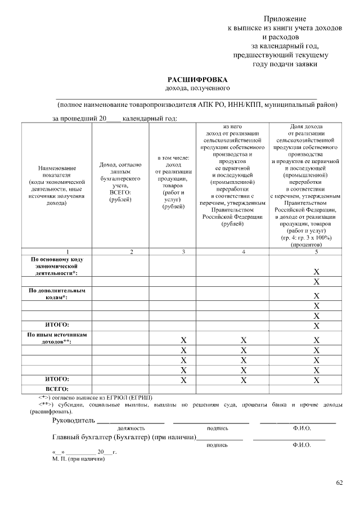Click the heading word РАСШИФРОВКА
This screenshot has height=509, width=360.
(197, 80)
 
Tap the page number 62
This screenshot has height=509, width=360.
(339, 483)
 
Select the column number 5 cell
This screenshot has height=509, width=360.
(316, 251)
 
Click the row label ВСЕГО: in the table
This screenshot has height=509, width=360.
(57, 389)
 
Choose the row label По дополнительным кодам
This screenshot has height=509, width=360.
(57, 294)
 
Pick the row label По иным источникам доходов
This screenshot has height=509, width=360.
(57, 338)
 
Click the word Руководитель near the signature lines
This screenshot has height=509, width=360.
(73, 421)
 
